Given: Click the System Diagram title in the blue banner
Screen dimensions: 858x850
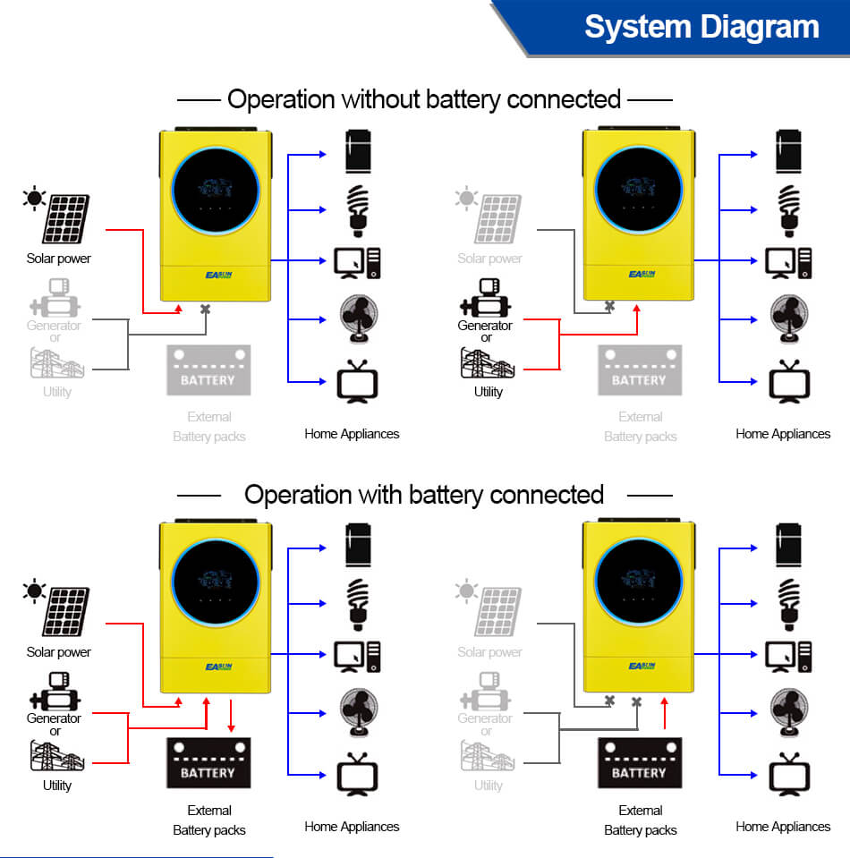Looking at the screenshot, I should tap(701, 26).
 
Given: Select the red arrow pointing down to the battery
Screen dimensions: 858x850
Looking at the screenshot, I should tap(232, 716).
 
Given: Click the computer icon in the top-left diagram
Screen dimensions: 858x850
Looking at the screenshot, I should tap(357, 261).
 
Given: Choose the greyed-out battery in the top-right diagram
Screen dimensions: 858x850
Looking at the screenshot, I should tap(640, 370).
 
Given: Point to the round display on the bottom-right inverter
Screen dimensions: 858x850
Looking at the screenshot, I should tap(639, 582).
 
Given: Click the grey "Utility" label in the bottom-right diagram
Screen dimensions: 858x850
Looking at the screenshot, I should tap(488, 786).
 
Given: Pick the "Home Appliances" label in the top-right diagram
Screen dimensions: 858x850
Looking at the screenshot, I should tap(783, 434).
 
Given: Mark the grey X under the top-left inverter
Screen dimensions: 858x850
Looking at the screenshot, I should tap(206, 310).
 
